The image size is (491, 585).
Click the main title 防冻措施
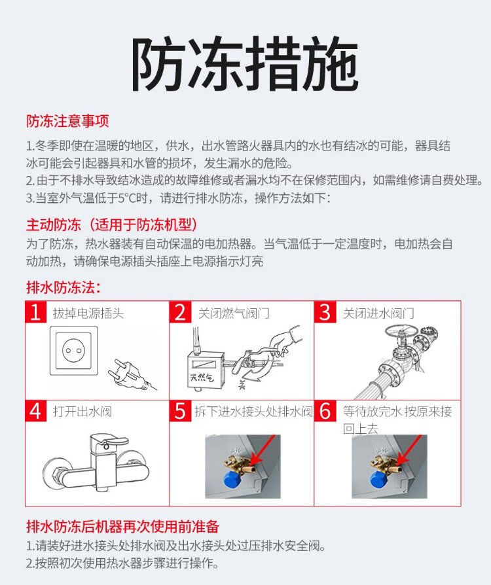245,63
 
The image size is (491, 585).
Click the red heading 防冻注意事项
67,121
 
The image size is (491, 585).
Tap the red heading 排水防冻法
64,287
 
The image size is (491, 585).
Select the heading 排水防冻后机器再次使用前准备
122,526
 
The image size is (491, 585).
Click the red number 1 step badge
35,312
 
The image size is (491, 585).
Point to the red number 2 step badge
180,312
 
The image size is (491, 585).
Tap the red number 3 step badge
325,312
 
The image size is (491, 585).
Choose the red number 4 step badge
35,411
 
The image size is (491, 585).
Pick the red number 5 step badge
180,411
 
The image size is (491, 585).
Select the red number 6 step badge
325,411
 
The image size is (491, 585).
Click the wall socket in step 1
74,351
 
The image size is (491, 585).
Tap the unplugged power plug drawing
131,375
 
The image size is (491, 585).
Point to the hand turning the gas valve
285,340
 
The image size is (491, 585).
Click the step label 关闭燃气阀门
234,313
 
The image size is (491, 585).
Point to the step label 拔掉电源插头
88,313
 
